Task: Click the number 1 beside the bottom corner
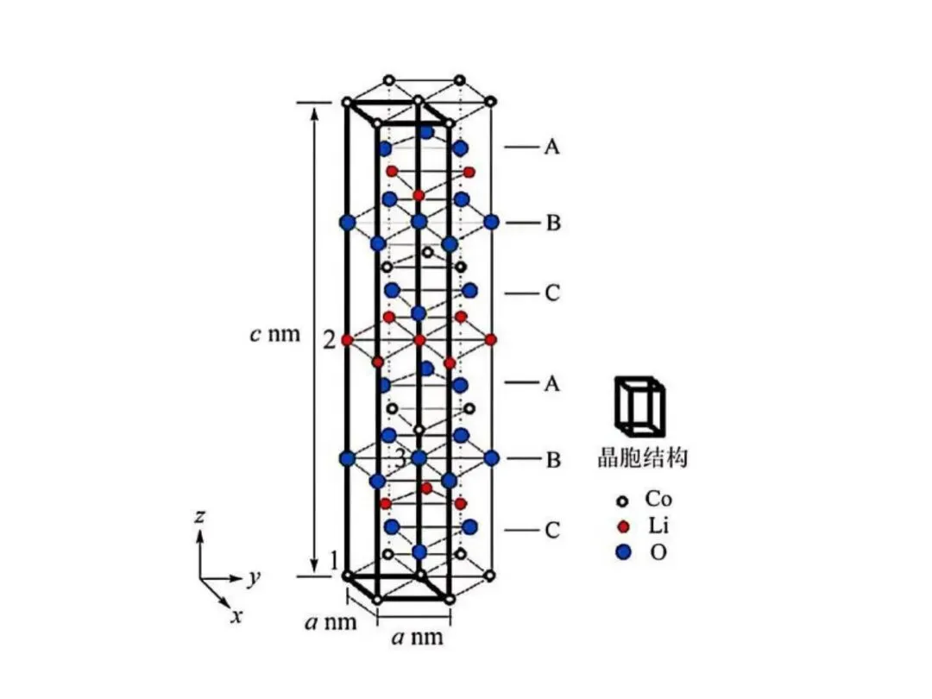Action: [334, 561]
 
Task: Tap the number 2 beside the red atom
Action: [330, 341]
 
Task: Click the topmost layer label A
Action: [552, 146]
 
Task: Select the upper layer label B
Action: [553, 223]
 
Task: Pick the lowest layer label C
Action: [552, 530]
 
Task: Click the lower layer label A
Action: [552, 383]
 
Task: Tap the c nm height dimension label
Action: [274, 334]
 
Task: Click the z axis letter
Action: [199, 516]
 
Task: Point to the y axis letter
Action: [254, 576]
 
